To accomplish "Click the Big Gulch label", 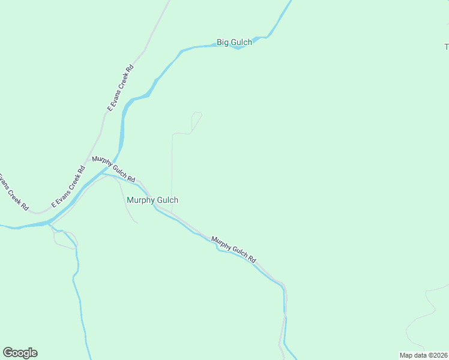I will pyautogui.click(x=234, y=43).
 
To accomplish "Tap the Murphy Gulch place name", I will pyautogui.click(x=152, y=200).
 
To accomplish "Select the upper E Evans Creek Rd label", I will pyautogui.click(x=120, y=88).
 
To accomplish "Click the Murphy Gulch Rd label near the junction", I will pyautogui.click(x=113, y=169).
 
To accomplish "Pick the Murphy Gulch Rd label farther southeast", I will pyautogui.click(x=234, y=249).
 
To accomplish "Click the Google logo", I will pyautogui.click(x=20, y=353).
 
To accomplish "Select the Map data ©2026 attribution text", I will pyautogui.click(x=423, y=355).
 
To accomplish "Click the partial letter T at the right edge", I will pyautogui.click(x=446, y=47).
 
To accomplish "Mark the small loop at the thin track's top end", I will pyautogui.click(x=197, y=114).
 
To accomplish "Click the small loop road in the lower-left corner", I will pyautogui.click(x=64, y=239).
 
